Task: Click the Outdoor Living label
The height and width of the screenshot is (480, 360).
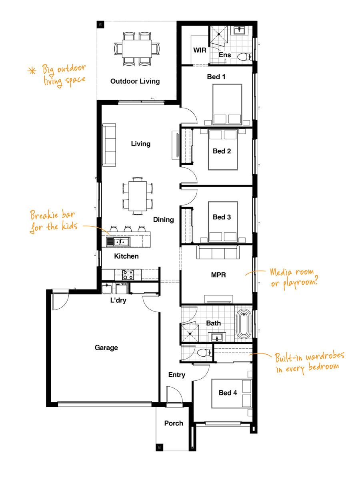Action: coord(135,81)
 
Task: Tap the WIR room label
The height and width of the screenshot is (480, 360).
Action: coord(200,50)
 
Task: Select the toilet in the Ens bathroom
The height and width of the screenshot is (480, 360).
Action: coord(245,56)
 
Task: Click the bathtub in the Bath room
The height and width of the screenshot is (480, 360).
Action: coord(244,324)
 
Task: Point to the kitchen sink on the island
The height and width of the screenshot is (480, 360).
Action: coord(118,242)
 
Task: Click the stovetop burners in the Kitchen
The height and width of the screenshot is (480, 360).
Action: coord(128,275)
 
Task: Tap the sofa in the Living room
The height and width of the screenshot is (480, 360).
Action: coord(109,145)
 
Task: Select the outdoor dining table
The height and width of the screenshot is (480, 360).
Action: coord(137,49)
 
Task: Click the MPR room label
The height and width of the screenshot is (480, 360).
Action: coord(218,275)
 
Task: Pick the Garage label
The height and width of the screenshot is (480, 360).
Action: coord(106,347)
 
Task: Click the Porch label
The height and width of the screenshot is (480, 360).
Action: coord(174,423)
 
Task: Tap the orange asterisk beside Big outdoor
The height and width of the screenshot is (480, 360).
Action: coord(32,71)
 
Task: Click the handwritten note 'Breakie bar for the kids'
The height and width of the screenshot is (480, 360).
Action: coord(54,221)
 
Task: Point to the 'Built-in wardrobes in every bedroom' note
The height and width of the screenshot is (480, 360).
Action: coord(310,362)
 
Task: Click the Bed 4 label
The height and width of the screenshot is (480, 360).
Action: coord(228,393)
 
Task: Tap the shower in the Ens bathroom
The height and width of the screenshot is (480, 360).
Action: coord(219,34)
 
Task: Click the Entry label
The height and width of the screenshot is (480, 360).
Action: coord(177,375)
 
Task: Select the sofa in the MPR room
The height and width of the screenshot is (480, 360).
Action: coord(218,252)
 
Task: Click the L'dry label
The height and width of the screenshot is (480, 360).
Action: coord(118,300)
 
